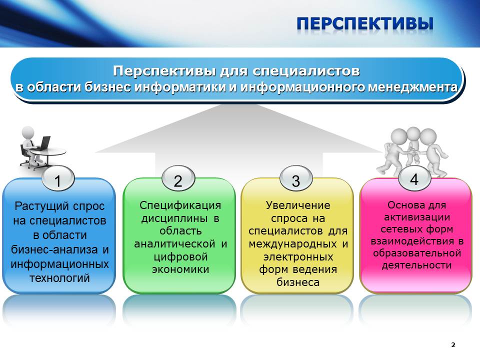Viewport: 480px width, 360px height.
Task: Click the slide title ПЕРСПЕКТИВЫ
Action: [365, 23]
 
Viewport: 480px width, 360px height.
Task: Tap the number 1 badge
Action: [58, 179]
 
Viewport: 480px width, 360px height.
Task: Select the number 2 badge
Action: [178, 179]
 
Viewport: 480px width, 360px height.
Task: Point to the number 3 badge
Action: [296, 179]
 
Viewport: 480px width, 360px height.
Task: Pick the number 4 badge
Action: [414, 179]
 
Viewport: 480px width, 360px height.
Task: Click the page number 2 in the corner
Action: [453, 344]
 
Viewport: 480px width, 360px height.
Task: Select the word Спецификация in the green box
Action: [180, 205]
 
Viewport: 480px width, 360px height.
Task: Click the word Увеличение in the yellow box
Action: [298, 205]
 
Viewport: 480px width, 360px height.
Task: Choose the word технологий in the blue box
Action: [59, 278]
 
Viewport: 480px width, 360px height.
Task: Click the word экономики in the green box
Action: [180, 269]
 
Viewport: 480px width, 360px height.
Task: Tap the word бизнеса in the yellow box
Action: [298, 282]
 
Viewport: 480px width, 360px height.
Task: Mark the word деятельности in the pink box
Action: [416, 265]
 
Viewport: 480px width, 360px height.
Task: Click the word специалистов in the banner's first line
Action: [306, 71]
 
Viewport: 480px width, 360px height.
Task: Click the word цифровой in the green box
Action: [180, 256]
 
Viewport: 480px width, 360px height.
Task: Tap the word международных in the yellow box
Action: [292, 244]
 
